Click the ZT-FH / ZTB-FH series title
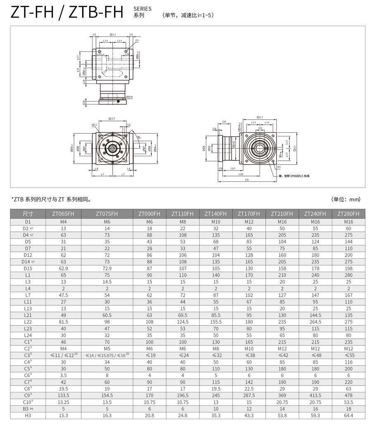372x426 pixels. [67, 12]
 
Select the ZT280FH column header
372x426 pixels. [348, 214]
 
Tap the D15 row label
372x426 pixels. [28, 268]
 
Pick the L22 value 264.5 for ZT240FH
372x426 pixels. [315, 321]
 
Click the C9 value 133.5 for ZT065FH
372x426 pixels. [63, 395]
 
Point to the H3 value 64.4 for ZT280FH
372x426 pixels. [348, 415]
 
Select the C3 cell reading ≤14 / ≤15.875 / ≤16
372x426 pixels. [107, 355]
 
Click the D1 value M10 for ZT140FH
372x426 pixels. [216, 221]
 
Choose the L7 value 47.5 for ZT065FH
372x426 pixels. [63, 295]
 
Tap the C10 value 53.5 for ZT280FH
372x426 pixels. [348, 402]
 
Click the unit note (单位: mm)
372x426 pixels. [346, 199]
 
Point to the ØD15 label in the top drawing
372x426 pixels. [129, 97]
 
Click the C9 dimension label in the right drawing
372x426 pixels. [246, 180]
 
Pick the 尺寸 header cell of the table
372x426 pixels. [28, 214]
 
